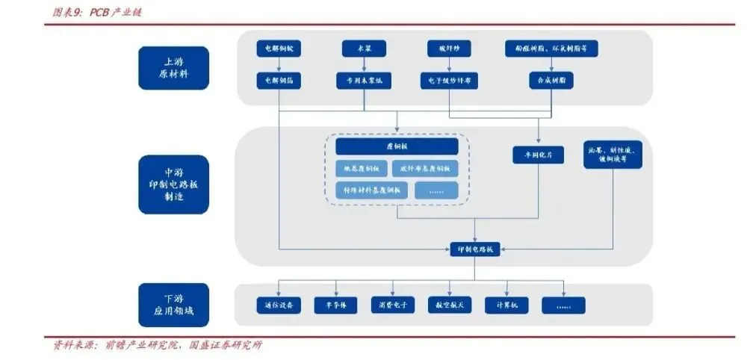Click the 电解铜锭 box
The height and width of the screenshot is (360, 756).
pyautogui.click(x=279, y=49)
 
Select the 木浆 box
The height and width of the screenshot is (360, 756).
pyautogui.click(x=364, y=49)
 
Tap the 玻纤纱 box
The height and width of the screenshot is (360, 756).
pyautogui.click(x=448, y=49)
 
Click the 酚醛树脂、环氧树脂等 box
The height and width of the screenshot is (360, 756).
pyautogui.click(x=551, y=49)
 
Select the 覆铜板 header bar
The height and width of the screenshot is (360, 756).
pyautogui.click(x=396, y=146)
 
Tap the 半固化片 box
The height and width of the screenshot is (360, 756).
pyautogui.click(x=538, y=155)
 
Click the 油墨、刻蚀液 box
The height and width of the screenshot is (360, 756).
pyautogui.click(x=613, y=154)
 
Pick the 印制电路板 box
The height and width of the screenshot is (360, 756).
pyautogui.click(x=474, y=250)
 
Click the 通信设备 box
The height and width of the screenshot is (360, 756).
pyautogui.click(x=279, y=305)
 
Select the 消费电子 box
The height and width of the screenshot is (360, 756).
pyautogui.click(x=392, y=305)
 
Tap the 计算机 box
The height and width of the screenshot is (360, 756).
pyautogui.click(x=506, y=305)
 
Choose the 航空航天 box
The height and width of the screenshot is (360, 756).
pyautogui.click(x=449, y=305)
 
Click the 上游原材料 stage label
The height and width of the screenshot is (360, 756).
pyautogui.click(x=173, y=68)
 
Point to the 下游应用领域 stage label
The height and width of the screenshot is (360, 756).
pyautogui.click(x=173, y=305)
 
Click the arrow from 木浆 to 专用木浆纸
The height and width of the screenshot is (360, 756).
pyautogui.click(x=364, y=65)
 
